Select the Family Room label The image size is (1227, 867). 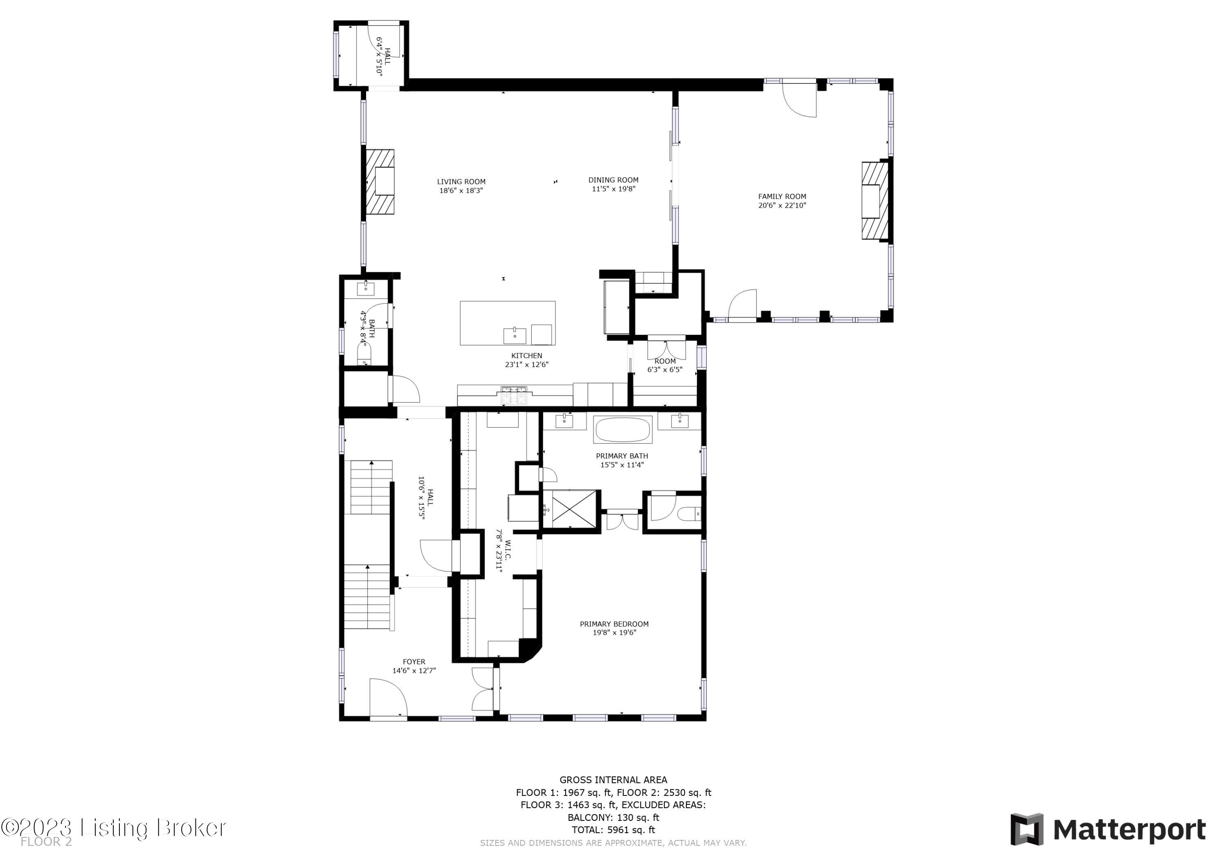782,197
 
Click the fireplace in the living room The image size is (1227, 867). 380,181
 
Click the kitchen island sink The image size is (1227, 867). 514,336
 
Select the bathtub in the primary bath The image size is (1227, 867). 622,430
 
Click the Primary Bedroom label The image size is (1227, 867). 614,624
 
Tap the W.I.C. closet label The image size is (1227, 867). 503,551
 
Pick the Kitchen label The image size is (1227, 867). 526,356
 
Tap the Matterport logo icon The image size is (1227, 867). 1026,829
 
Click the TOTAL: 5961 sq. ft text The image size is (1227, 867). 613,830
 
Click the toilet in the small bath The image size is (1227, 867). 364,353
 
